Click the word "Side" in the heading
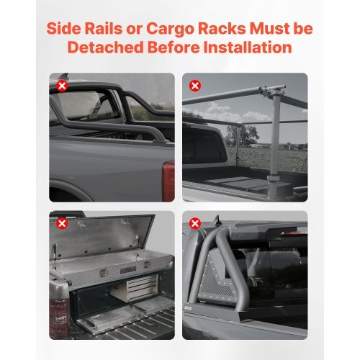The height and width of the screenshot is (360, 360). point(66,29)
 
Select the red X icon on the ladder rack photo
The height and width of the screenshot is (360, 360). point(194,86)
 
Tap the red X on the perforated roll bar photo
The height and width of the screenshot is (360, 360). point(194,224)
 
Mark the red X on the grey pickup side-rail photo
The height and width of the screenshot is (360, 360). point(63,86)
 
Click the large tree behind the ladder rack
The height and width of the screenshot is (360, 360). point(234,134)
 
